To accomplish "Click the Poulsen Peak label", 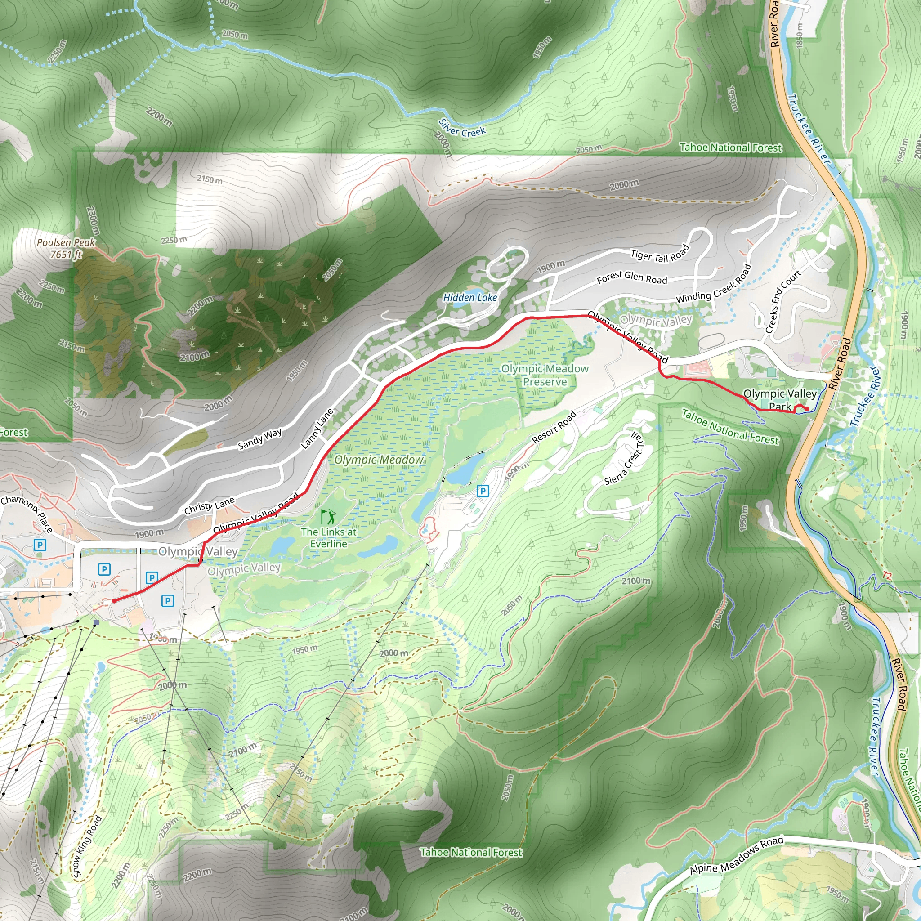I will (66, 248).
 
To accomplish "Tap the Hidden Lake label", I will (469, 297).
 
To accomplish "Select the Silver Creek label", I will (461, 128).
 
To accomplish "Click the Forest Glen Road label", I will (632, 277).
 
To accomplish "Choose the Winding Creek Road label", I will (714, 285).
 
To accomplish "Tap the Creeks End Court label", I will (783, 302).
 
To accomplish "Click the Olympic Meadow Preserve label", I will (545, 375).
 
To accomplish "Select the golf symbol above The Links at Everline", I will (327, 516).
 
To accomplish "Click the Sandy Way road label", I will (259, 438).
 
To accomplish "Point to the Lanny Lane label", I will (317, 429).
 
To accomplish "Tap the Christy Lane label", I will (209, 505).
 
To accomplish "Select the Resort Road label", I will (554, 427).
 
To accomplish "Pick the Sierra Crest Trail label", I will (625, 458).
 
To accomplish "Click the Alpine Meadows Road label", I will (737, 861).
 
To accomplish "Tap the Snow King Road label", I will (87, 846).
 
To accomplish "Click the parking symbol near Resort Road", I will (483, 491).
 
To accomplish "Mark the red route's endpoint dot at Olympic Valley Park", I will (805, 408).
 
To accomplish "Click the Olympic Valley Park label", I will (780, 400).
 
